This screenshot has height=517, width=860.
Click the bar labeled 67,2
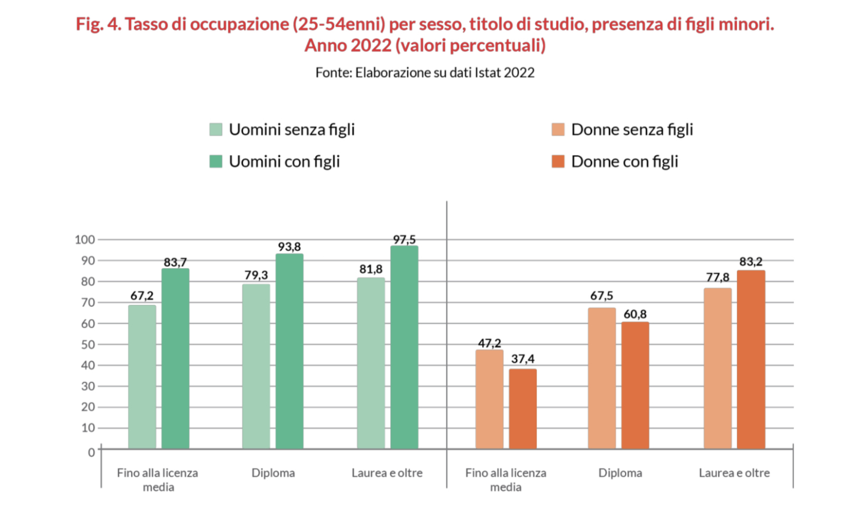click(142, 377)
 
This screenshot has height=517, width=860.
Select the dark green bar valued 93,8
click(289, 351)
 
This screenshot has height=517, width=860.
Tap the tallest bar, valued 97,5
click(404, 347)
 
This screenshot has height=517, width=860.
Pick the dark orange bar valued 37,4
click(522, 409)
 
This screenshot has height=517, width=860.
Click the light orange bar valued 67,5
click(602, 378)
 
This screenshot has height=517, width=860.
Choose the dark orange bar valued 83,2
click(750, 360)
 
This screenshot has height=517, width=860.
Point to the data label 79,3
click(256, 275)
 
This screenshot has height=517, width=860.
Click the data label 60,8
click(635, 314)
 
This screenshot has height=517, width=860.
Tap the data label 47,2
click(489, 343)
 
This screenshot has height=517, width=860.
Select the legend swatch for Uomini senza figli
click(216, 130)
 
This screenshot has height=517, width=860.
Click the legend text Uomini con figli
click(284, 161)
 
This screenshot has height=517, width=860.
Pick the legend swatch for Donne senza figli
click(558, 130)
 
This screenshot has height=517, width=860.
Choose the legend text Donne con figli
click(624, 161)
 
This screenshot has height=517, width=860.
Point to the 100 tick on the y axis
click(85, 240)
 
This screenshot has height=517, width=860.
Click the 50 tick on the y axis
click(88, 344)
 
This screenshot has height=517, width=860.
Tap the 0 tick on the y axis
click(91, 453)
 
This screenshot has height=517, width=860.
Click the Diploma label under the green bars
click(273, 473)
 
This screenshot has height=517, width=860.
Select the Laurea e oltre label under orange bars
click(734, 473)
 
